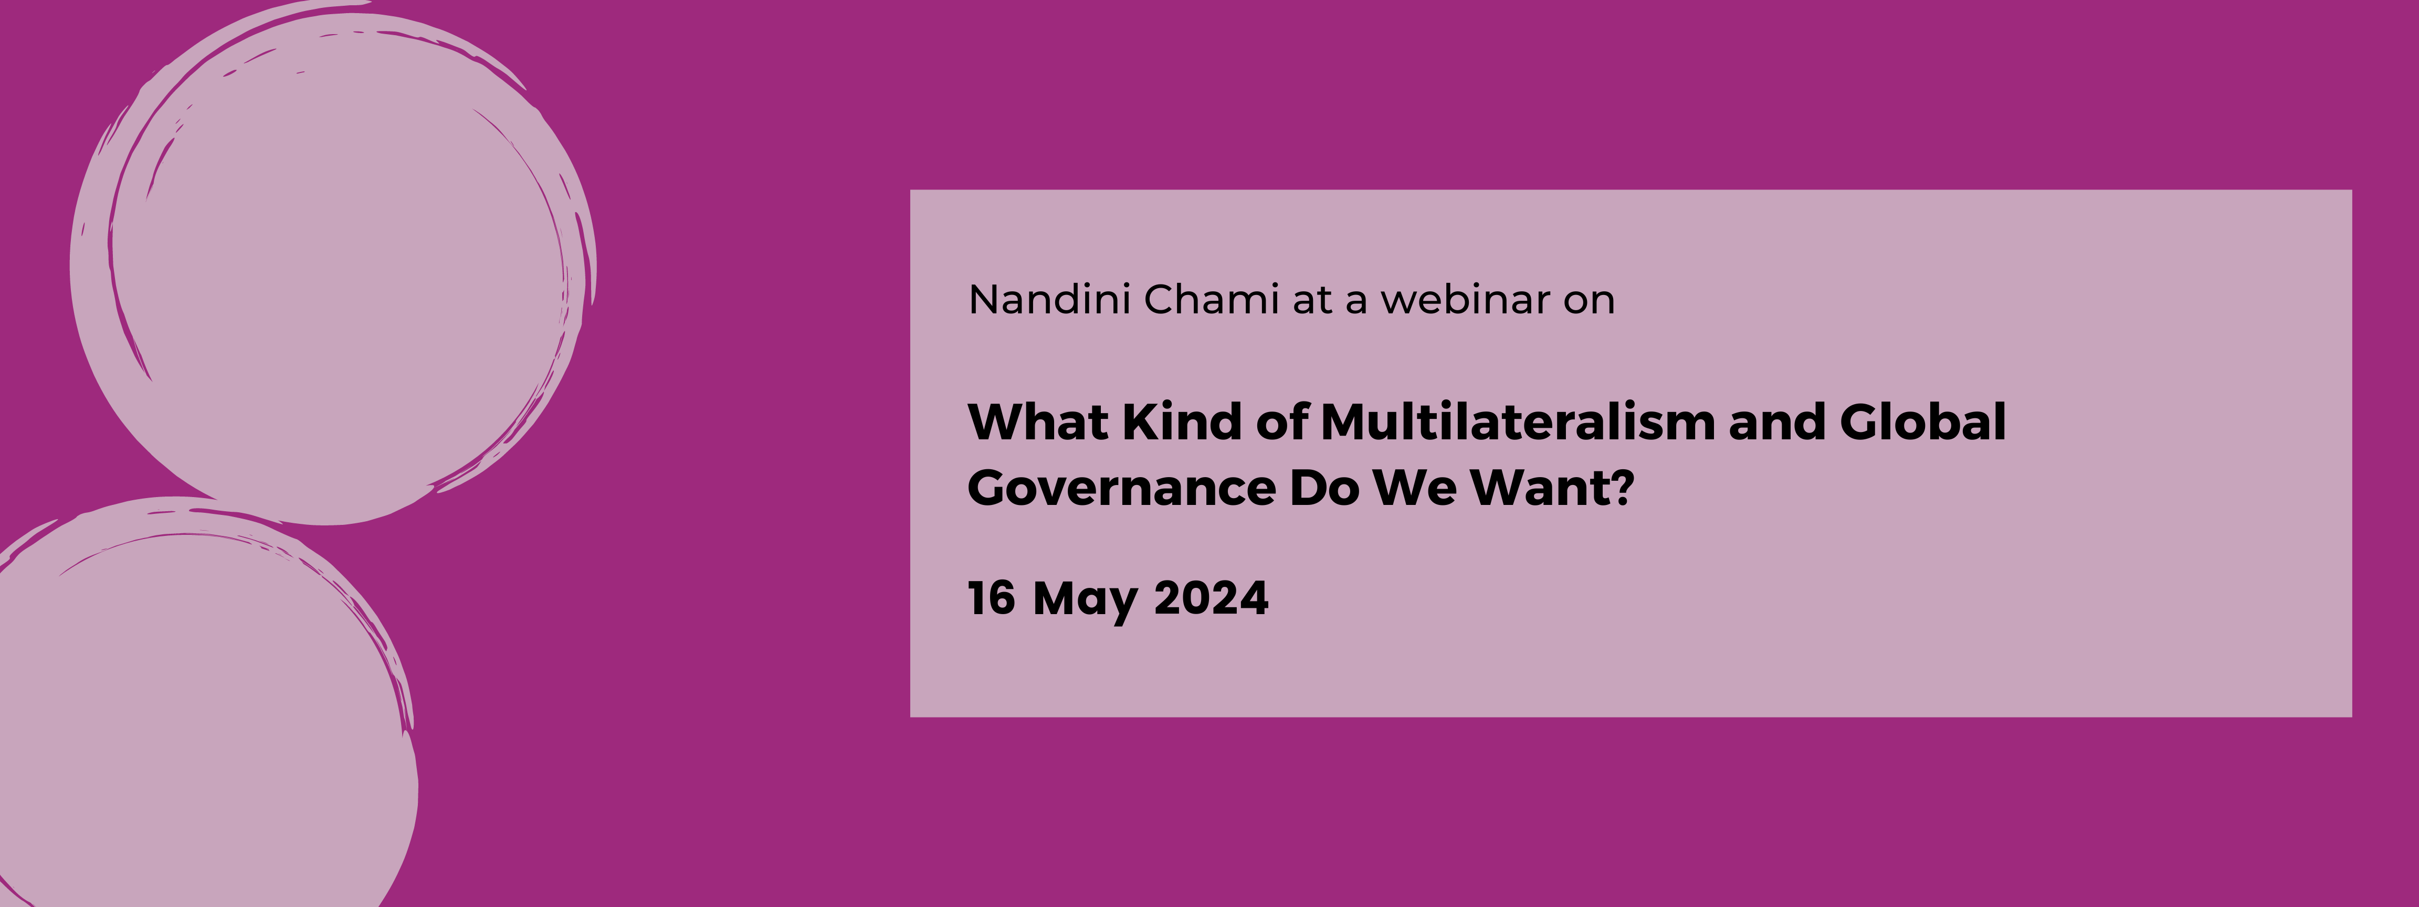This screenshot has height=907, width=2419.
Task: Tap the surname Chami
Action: point(1212,300)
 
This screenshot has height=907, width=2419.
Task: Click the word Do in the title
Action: point(1324,488)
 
